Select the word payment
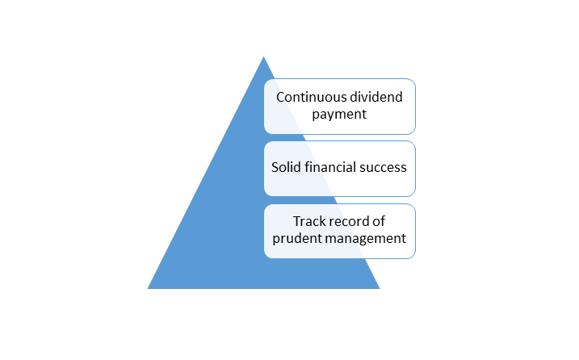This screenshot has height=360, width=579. [339, 115]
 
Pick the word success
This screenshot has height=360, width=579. [383, 168]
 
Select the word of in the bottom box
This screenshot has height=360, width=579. [379, 221]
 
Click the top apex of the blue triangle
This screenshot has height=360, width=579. [263, 57]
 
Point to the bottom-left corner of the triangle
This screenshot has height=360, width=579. [147, 289]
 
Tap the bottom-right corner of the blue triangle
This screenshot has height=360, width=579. [380, 289]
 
